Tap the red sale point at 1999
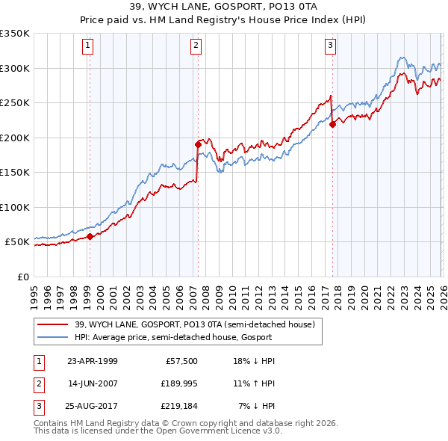90,237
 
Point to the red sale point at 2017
332,125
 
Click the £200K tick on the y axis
14,138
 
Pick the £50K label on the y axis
17,242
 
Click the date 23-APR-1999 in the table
93,360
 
